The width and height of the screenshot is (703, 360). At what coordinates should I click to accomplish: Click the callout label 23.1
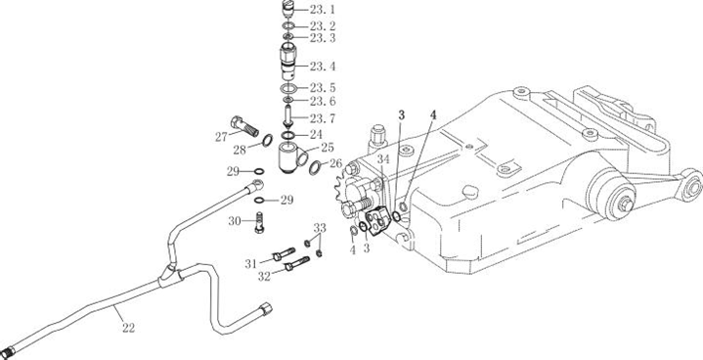(x=323, y=10)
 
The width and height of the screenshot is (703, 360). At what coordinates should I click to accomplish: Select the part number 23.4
(x=323, y=67)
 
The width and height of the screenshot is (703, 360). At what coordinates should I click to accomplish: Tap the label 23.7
(x=323, y=118)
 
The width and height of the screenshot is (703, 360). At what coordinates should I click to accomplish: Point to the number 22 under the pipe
(x=128, y=328)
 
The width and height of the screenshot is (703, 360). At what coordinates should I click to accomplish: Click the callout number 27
(x=222, y=137)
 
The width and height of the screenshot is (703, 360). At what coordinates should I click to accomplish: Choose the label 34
(x=383, y=158)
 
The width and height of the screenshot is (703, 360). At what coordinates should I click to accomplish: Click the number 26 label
(x=335, y=163)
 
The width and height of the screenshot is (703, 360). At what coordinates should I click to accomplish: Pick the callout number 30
(x=235, y=220)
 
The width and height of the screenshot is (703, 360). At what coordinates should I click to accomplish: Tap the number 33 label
(x=320, y=228)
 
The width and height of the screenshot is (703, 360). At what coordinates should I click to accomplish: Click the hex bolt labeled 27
(x=244, y=125)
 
